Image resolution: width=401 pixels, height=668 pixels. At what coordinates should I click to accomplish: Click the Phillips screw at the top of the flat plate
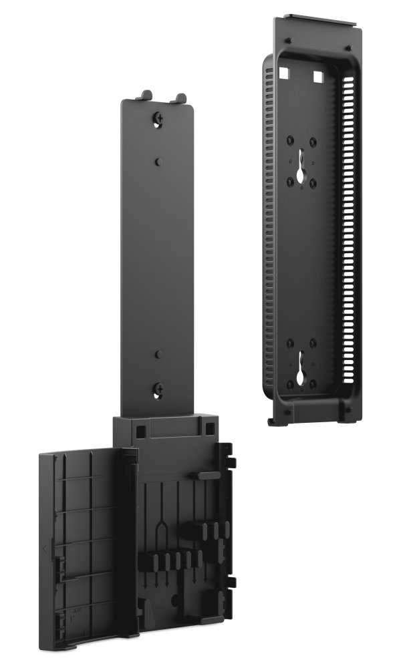click(x=158, y=118)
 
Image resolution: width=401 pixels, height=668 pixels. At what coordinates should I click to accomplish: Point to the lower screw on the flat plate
click(x=158, y=388)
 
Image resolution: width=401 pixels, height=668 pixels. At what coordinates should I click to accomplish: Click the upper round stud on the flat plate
click(x=158, y=162)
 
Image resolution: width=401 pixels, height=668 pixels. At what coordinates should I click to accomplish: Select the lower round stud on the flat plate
click(x=158, y=355)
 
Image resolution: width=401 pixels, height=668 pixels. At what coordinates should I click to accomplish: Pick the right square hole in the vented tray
click(x=317, y=75)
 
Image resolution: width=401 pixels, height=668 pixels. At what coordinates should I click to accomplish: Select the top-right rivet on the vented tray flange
click(x=348, y=47)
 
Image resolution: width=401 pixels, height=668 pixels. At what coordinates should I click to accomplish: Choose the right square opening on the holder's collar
click(x=211, y=428)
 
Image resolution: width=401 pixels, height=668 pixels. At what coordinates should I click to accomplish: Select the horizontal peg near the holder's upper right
click(x=203, y=475)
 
